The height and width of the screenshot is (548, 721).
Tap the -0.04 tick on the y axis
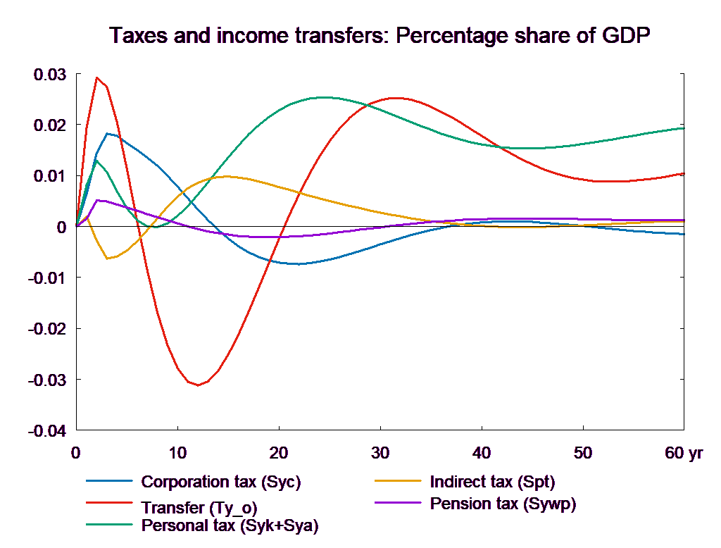point(46,431)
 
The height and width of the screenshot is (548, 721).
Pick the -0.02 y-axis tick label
point(46,329)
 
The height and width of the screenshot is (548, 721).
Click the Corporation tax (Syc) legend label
point(221,482)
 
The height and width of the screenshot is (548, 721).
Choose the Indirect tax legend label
point(492,482)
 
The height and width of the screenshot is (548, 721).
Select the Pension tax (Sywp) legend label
point(503,504)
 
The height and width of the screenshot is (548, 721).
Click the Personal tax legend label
point(230,525)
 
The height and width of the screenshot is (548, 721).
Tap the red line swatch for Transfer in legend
point(109,504)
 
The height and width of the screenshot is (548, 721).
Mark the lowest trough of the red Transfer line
point(199,385)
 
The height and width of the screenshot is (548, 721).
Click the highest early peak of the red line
point(97,77)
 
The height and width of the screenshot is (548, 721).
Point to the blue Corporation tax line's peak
point(108,133)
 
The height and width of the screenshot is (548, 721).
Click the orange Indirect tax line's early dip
point(108,259)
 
